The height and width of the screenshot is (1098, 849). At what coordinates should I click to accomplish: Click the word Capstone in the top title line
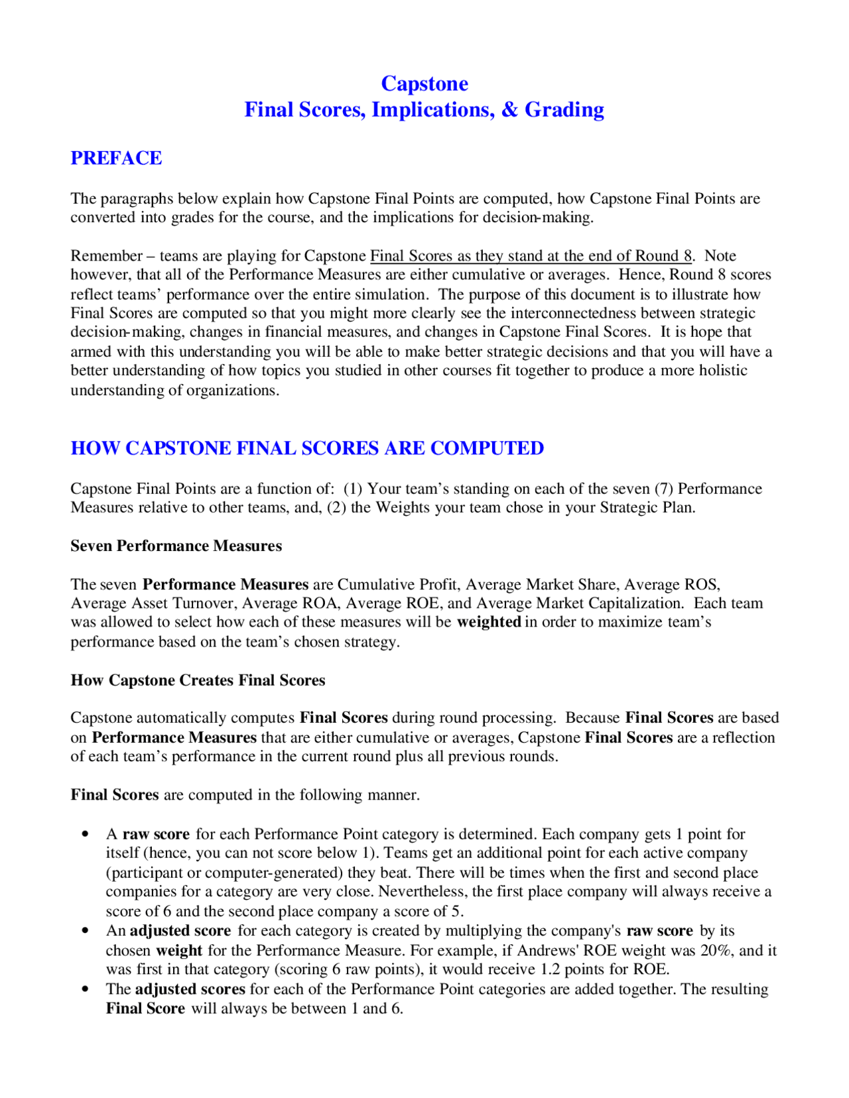coord(424,84)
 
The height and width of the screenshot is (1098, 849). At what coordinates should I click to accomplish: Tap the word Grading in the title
coord(564,110)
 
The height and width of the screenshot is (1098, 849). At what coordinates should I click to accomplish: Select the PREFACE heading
coord(116,158)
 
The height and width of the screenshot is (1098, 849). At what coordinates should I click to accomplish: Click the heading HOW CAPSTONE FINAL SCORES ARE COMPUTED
coord(307,448)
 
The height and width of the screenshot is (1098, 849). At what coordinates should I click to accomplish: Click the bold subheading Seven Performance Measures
coord(176,546)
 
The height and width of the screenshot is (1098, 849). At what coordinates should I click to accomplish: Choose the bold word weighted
coord(489,622)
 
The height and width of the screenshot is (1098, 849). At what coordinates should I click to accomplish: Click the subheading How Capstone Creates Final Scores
coord(198,680)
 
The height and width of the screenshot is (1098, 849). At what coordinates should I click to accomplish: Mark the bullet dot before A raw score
coord(85,834)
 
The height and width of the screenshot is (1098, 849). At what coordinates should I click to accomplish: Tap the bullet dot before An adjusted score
coord(85,931)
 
